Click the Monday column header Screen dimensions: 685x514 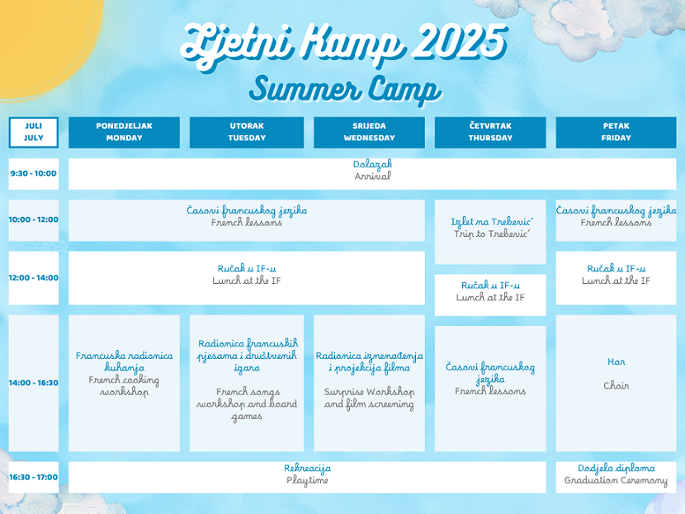tap(124, 132)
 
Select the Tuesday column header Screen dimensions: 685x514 tap(247, 132)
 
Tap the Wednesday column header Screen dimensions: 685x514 tap(369, 132)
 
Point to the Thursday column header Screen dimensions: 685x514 tap(490, 132)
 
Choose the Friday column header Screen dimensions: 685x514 tap(616, 132)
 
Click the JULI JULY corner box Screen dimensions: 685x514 tap(34, 132)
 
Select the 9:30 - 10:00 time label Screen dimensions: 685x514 tap(34, 174)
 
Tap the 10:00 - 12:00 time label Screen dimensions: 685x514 tap(34, 220)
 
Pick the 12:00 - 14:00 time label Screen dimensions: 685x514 tap(34, 278)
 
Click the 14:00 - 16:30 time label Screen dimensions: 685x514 tap(34, 383)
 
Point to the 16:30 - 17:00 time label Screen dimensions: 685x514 tap(34, 478)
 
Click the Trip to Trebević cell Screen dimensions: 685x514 tap(490, 232)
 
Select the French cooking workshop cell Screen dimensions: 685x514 tap(124, 383)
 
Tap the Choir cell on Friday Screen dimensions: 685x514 tap(616, 383)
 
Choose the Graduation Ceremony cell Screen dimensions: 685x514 tap(616, 478)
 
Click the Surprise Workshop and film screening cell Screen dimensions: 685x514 tap(369, 383)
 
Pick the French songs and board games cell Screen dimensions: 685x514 tap(247, 383)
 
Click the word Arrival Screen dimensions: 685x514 tap(373, 177)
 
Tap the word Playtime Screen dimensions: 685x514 tap(307, 480)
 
